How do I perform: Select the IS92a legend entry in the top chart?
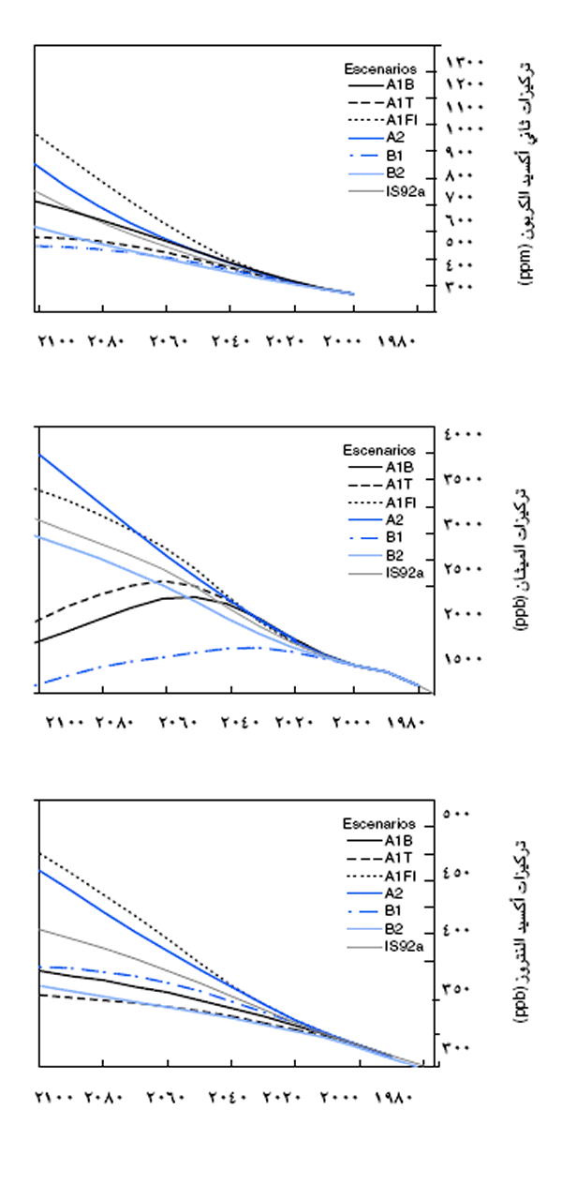click(x=406, y=191)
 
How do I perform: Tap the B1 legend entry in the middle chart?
click(x=393, y=536)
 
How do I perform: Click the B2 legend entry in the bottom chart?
click(x=394, y=927)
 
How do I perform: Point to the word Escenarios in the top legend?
click(x=372, y=67)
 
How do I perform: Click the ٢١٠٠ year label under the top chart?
click(x=56, y=342)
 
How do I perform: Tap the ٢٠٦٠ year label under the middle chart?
click(x=176, y=723)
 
